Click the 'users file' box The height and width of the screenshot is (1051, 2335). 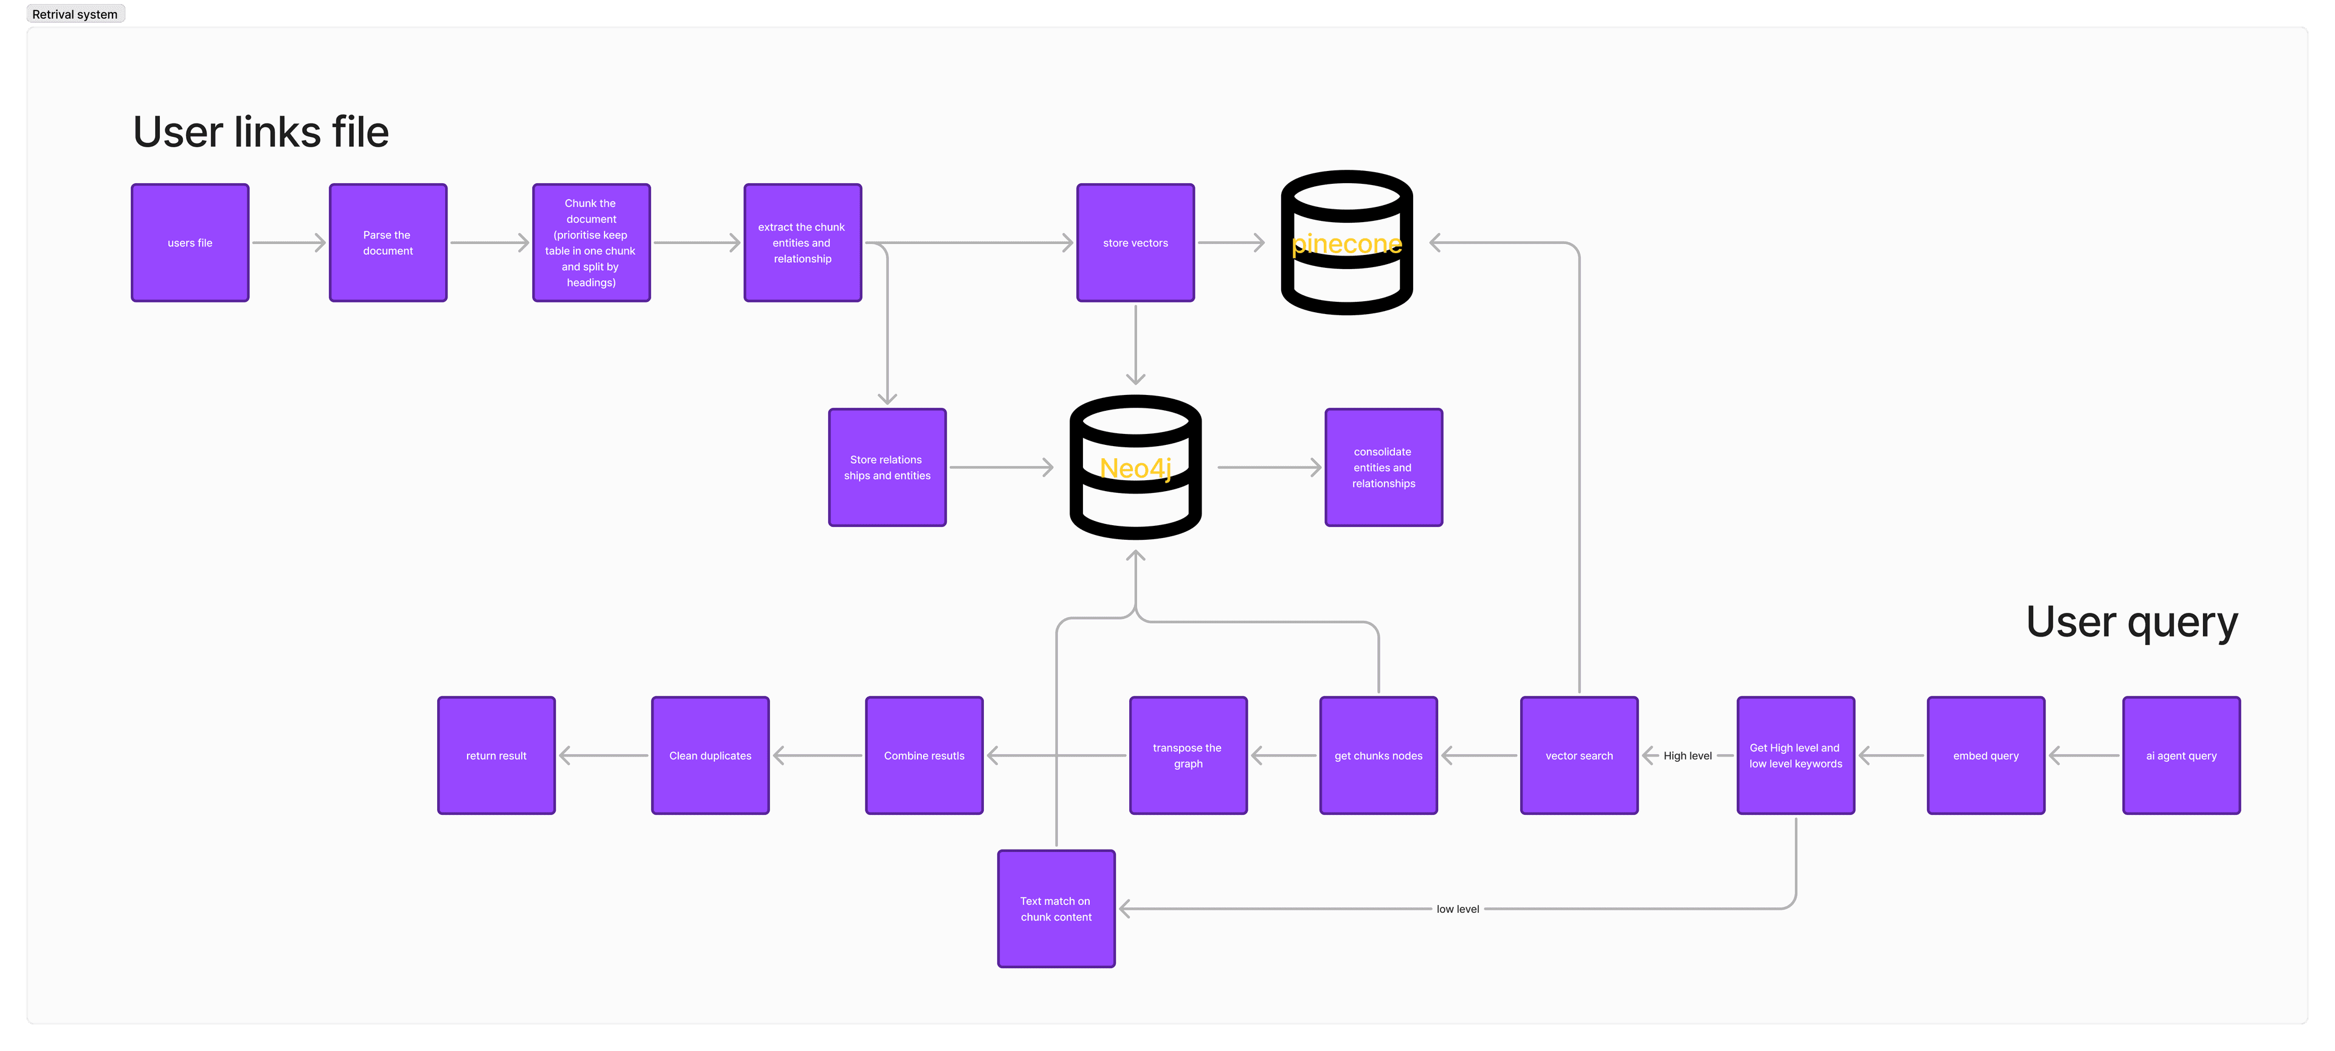190,243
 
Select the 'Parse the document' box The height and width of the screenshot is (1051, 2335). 388,243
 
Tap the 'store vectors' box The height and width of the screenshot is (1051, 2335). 1135,243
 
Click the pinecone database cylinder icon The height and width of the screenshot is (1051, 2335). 1346,243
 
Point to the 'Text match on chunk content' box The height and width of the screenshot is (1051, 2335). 1056,909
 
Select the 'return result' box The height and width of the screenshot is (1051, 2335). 496,755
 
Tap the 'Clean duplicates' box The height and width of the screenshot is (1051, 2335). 710,755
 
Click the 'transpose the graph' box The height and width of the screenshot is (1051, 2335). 1188,755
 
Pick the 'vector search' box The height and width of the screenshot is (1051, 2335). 1579,755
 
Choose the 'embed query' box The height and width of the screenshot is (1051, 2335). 1985,755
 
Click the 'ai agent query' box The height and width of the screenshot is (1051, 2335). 2181,755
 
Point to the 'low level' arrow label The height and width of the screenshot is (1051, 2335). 1458,909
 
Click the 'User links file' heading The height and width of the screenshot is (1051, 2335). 261,133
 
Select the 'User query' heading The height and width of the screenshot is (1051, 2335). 2131,622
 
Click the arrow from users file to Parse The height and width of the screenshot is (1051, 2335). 288,243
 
